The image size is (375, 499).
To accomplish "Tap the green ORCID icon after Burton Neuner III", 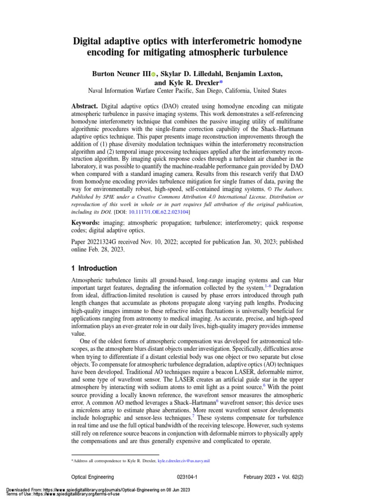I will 153,74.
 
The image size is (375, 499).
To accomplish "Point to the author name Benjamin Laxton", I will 254,74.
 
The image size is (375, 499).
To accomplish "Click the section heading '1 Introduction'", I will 94,268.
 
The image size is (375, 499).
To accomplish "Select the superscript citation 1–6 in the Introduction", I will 268,287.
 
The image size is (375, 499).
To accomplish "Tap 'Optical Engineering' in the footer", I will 93,477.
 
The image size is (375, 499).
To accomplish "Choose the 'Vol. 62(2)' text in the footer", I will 287,477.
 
